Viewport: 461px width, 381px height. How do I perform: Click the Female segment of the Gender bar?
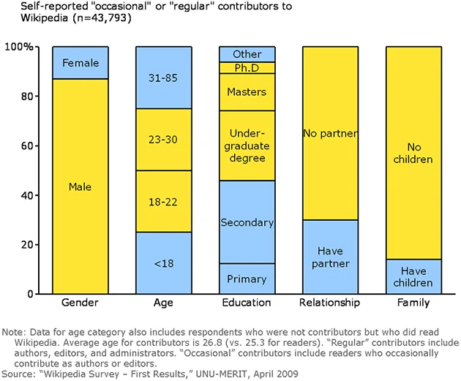(80, 63)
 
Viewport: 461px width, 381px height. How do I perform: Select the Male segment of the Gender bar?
(80, 186)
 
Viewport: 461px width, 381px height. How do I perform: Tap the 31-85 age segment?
(164, 78)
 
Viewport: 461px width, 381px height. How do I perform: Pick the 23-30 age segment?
(164, 140)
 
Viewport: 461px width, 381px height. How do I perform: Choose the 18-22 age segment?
(164, 202)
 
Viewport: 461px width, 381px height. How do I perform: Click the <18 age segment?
(164, 263)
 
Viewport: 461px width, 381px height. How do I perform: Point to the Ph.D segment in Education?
(247, 68)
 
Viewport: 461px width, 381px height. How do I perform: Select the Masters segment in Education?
(247, 92)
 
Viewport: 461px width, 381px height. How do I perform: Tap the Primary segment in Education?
(247, 279)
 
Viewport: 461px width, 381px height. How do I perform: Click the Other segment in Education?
(247, 54)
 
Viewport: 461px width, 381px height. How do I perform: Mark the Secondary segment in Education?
(247, 222)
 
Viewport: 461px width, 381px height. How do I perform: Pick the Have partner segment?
(331, 257)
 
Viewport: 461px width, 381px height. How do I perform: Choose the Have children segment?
(413, 276)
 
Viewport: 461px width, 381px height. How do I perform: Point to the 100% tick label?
(19, 47)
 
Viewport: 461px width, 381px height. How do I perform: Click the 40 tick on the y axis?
(27, 195)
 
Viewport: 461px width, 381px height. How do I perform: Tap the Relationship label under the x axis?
(329, 303)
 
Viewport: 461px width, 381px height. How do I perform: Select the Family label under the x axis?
(413, 303)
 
